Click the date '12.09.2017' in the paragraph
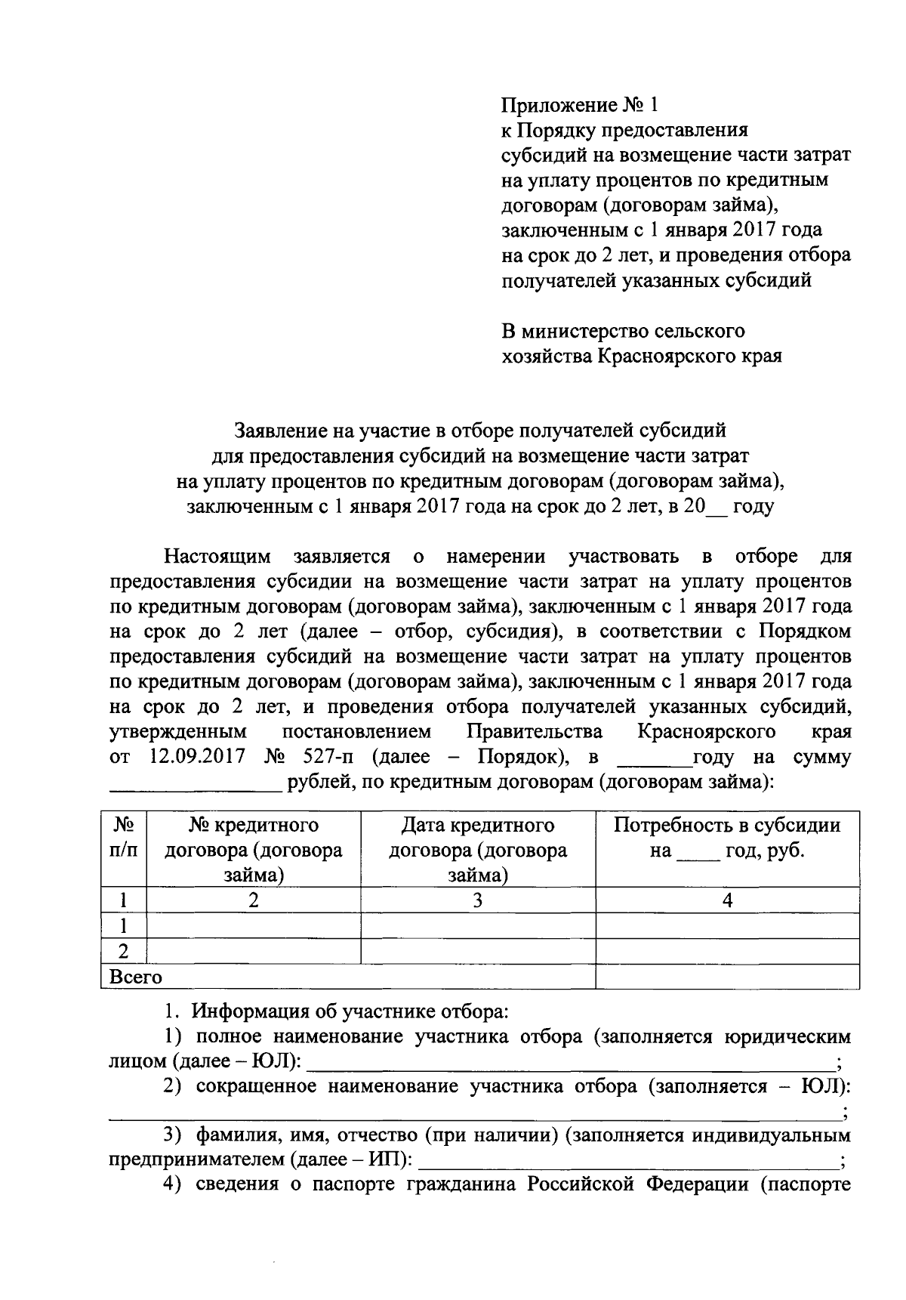(197, 757)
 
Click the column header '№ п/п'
(124, 837)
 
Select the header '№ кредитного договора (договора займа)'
(254, 850)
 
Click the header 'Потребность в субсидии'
(727, 825)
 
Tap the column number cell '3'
(478, 900)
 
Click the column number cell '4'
(727, 900)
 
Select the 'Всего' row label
(136, 977)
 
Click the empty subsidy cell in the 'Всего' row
(727, 977)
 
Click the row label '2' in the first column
(124, 951)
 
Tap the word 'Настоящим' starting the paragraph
(218, 557)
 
